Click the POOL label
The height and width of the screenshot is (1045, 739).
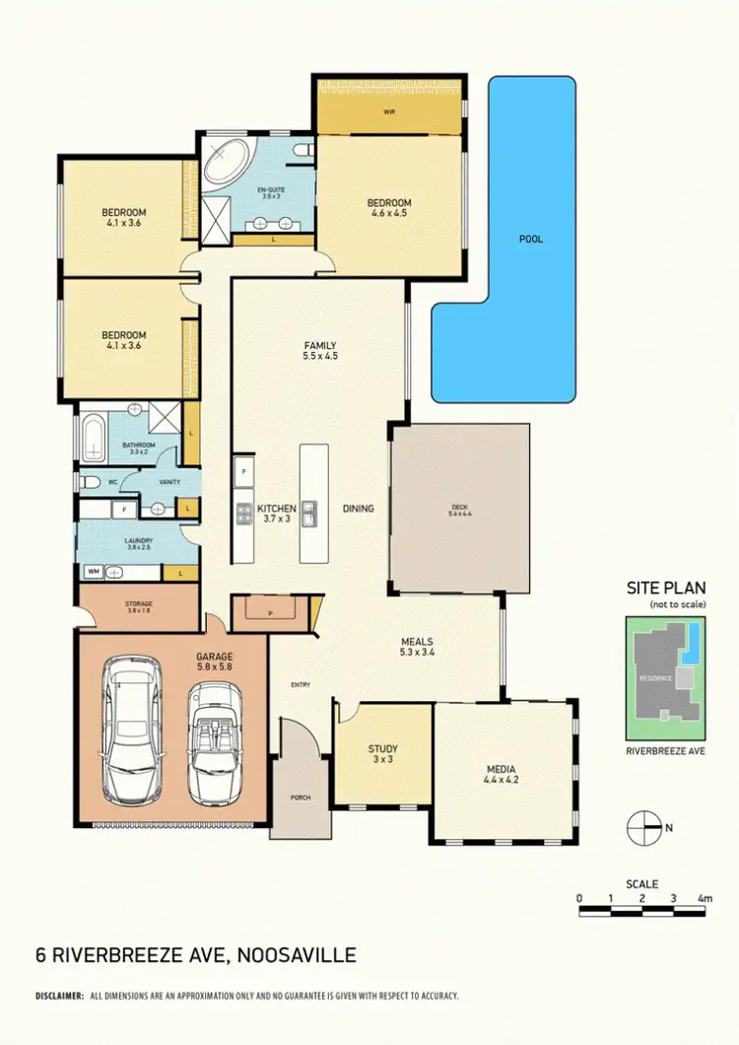531,239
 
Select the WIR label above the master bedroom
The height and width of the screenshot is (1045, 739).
389,111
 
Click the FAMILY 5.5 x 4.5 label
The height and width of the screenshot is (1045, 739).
320,351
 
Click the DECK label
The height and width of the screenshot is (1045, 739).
460,511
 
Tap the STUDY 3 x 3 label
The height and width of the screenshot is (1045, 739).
382,754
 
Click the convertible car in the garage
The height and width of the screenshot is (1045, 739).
215,742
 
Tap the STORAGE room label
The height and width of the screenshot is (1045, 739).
140,607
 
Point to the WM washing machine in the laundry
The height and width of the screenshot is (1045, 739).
94,571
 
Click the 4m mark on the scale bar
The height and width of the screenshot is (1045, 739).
704,898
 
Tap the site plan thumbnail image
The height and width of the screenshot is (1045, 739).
666,678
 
